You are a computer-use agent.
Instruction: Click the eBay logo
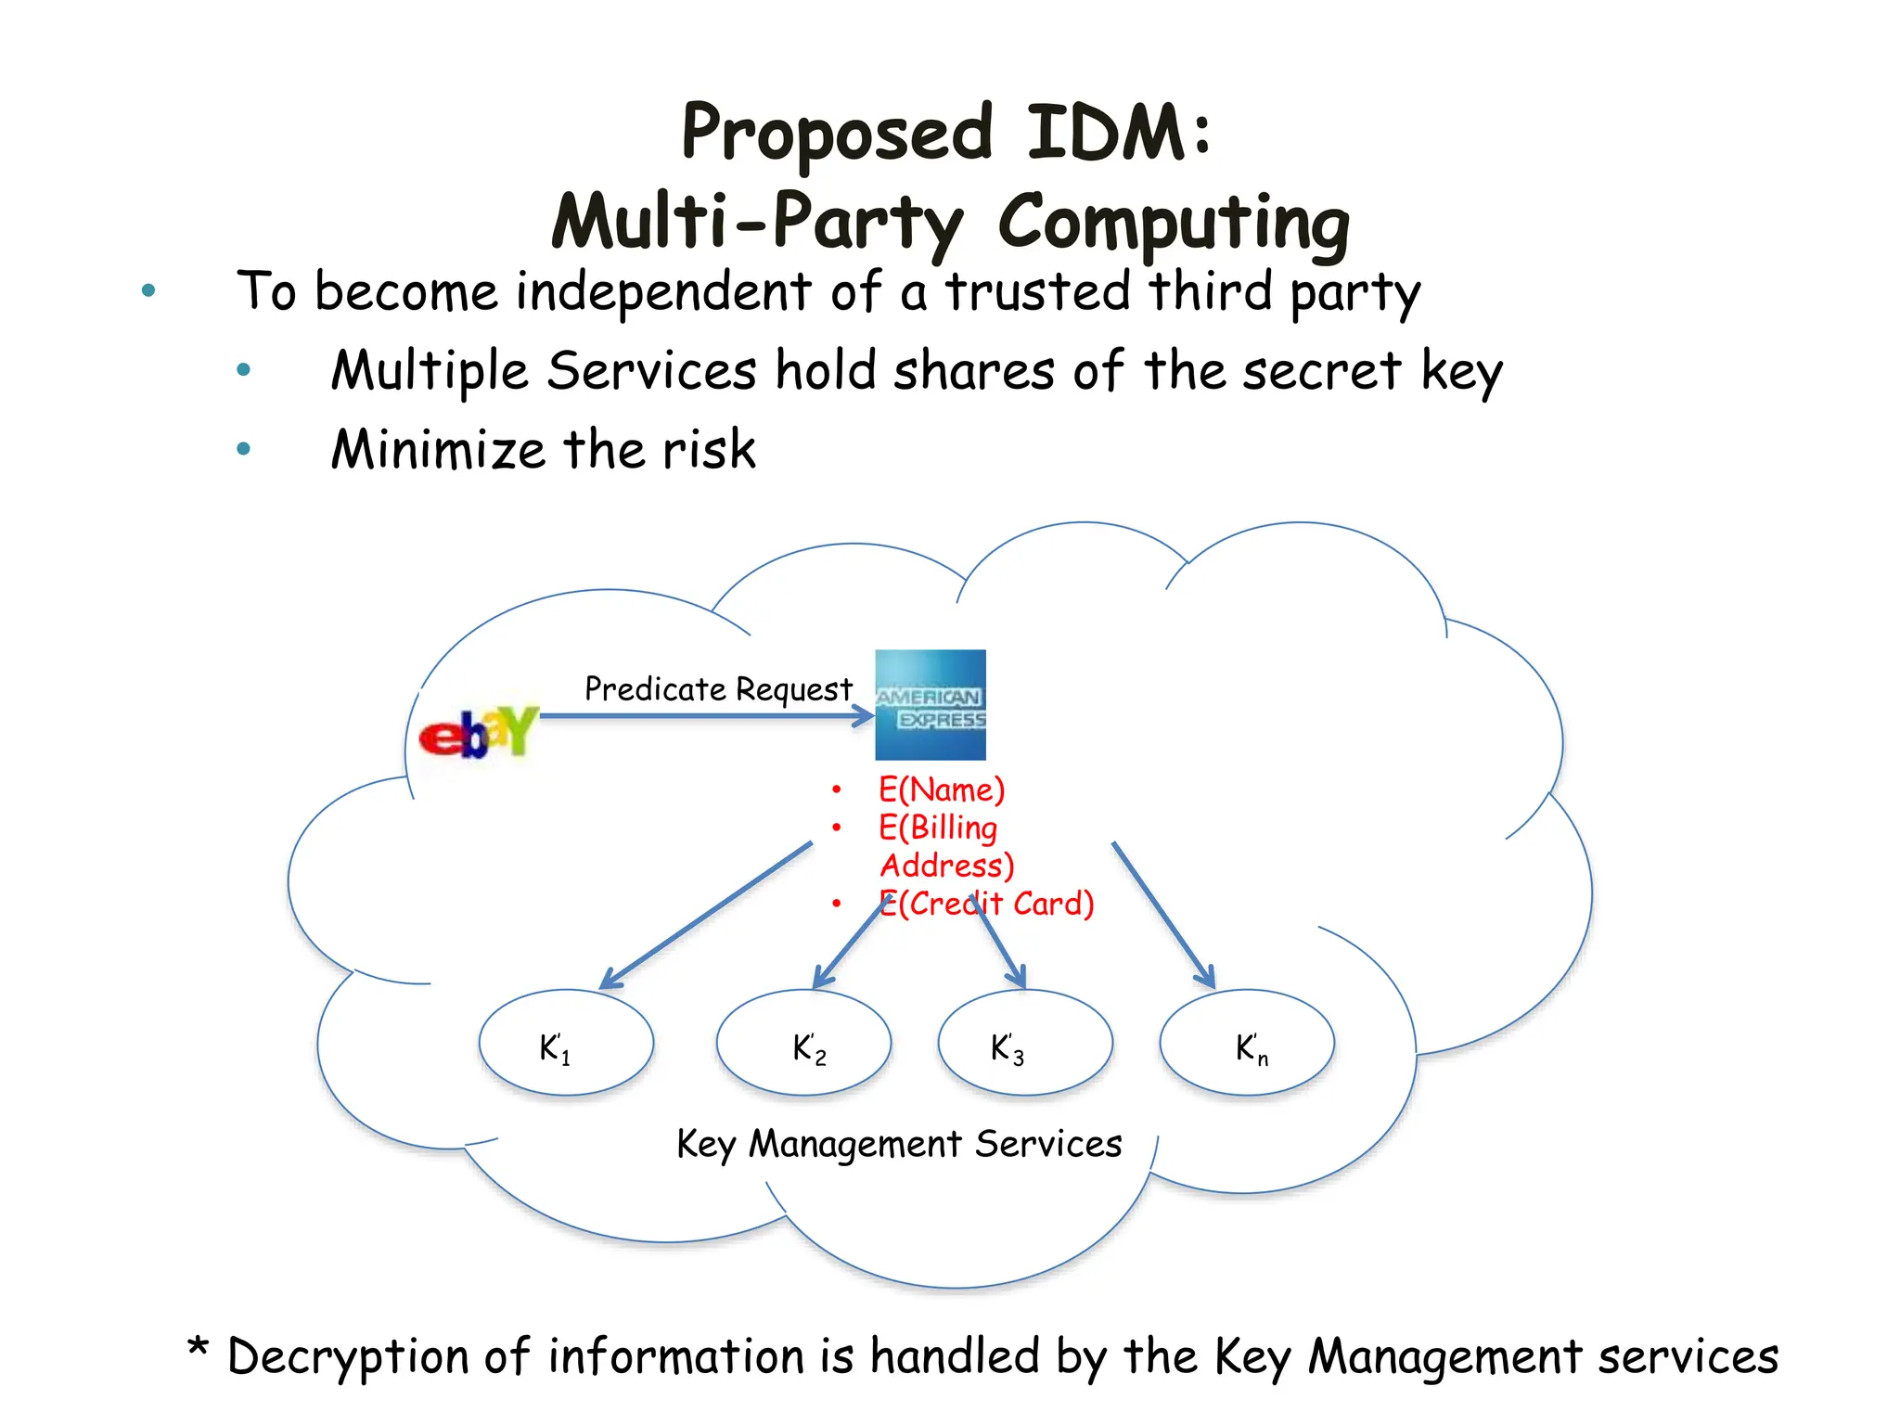click(478, 732)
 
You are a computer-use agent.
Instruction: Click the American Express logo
click(931, 705)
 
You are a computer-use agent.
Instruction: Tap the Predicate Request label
click(718, 689)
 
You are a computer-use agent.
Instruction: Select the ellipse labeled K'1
click(566, 1043)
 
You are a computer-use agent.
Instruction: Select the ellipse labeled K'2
click(803, 1043)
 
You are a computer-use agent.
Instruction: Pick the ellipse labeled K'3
click(1025, 1043)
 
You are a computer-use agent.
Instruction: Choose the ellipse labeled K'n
click(1247, 1043)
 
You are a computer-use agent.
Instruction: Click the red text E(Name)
click(942, 790)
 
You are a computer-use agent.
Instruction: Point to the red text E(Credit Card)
click(987, 904)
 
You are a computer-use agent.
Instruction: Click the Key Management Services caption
click(899, 1144)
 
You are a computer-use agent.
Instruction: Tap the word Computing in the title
click(1174, 223)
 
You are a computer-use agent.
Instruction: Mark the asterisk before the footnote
click(198, 1347)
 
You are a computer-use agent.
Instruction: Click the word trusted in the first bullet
click(1037, 291)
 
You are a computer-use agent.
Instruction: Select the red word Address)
click(947, 866)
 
